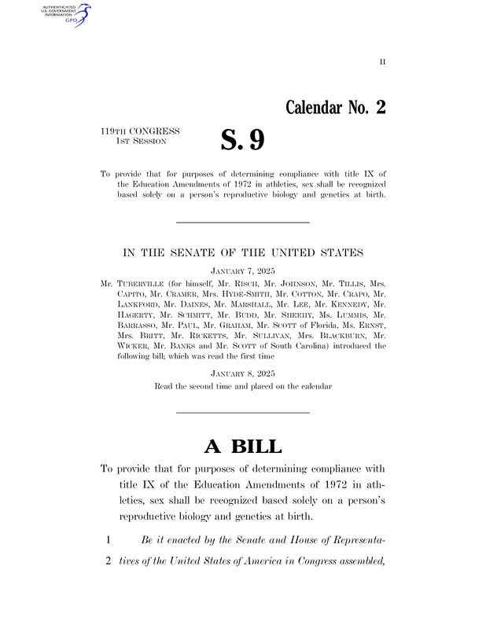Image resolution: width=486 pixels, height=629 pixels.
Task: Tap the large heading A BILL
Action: click(242, 447)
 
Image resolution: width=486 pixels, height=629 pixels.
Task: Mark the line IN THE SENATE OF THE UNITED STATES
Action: click(242, 252)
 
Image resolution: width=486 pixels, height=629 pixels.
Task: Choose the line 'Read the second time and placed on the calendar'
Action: click(242, 387)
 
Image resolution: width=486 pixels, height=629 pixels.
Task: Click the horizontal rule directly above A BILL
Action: click(242, 414)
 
